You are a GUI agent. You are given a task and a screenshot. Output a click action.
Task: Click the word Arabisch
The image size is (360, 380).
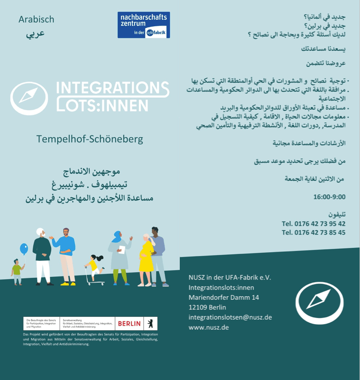click(x=36, y=19)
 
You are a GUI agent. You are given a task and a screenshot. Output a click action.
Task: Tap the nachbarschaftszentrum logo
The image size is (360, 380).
click(x=143, y=25)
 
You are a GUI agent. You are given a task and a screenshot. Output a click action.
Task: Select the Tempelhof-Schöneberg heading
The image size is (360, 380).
click(x=90, y=139)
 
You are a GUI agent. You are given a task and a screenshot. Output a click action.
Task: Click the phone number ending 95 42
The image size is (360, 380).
click(x=313, y=224)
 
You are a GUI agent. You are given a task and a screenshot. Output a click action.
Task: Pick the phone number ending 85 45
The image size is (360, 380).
click(x=313, y=233)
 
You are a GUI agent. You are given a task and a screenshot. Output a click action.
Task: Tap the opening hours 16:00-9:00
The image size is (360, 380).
click(x=329, y=197)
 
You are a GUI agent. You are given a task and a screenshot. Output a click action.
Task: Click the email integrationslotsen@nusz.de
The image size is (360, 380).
click(x=230, y=317)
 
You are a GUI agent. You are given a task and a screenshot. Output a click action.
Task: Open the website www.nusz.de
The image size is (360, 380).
click(x=209, y=327)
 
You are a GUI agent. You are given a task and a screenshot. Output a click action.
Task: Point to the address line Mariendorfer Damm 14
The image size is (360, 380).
click(x=224, y=298)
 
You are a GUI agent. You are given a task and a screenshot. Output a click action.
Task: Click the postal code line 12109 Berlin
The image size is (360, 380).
click(x=207, y=307)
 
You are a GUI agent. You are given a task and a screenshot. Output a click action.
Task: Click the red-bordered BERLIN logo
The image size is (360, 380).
click(x=129, y=323)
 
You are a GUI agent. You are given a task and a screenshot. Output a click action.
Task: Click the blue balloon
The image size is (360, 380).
click(x=24, y=249)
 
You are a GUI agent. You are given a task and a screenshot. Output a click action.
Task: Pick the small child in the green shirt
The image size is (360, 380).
click(x=17, y=271)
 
